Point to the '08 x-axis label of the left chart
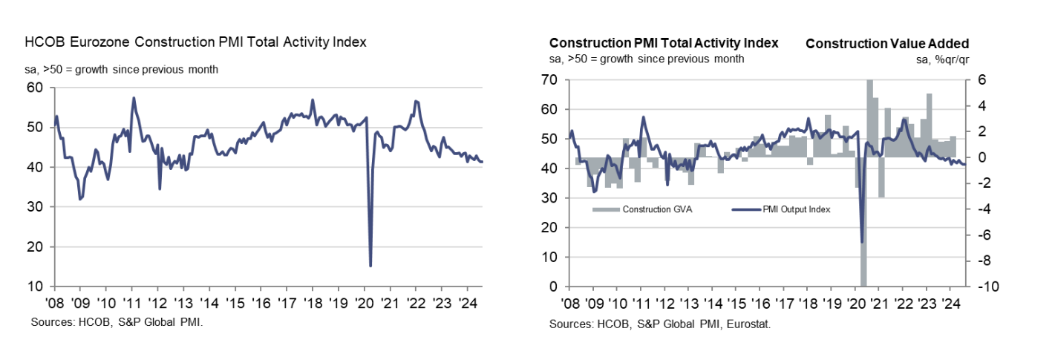[53, 303]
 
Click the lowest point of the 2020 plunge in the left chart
[370, 265]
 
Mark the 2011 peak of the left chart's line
[133, 98]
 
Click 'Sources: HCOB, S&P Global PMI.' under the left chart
[117, 322]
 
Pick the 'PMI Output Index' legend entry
[795, 209]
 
